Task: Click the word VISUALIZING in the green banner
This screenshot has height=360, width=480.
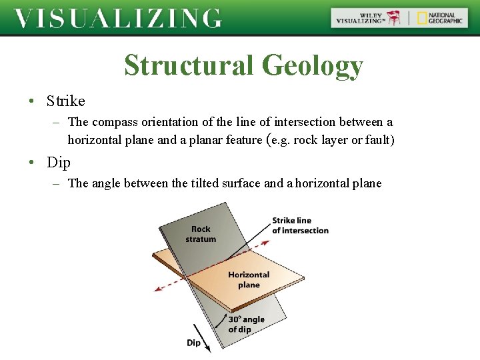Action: pyautogui.click(x=117, y=18)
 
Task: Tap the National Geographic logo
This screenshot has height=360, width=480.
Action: pyautogui.click(x=440, y=18)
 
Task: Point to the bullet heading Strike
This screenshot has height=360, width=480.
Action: pyautogui.click(x=66, y=101)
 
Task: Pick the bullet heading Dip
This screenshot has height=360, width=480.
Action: pyautogui.click(x=59, y=163)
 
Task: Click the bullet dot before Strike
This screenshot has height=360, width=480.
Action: pyautogui.click(x=31, y=102)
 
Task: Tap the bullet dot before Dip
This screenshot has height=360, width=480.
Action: pyautogui.click(x=31, y=163)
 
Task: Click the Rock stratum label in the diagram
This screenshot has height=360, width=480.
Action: pyautogui.click(x=201, y=234)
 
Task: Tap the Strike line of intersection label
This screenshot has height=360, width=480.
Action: pyautogui.click(x=300, y=225)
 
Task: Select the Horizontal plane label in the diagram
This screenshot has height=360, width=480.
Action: pyautogui.click(x=249, y=280)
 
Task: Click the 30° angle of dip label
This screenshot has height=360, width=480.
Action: pyautogui.click(x=246, y=324)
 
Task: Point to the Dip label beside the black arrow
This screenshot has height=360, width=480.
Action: pyautogui.click(x=193, y=343)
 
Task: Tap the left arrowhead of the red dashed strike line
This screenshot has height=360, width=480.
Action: pyautogui.click(x=157, y=289)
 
